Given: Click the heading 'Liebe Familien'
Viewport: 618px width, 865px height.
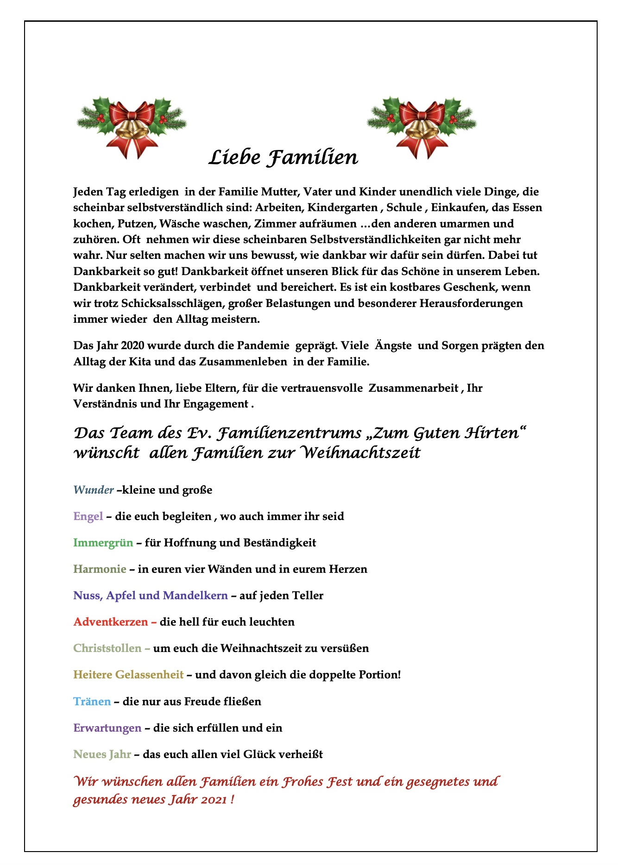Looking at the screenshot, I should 283,157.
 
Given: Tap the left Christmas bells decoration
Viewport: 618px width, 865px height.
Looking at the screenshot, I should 132,125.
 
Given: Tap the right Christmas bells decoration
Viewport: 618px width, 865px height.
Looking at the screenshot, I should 422,125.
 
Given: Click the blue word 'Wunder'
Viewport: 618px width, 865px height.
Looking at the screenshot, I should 94,490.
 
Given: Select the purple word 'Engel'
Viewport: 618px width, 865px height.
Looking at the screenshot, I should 88,516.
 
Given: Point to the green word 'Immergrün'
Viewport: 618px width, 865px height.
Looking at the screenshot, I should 103,543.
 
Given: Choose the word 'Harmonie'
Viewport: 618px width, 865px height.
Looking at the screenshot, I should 100,569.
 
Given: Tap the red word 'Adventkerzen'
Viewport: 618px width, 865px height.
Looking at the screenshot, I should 111,622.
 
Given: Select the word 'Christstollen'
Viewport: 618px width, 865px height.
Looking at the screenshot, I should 107,648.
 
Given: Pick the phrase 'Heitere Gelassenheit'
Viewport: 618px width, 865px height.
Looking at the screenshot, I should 128,675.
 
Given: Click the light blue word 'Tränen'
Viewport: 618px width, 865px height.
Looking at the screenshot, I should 92,702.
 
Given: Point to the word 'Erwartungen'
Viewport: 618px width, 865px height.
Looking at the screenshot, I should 107,728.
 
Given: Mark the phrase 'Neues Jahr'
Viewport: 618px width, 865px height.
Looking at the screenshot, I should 102,754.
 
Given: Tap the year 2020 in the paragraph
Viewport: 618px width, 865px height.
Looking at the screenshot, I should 133,346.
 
